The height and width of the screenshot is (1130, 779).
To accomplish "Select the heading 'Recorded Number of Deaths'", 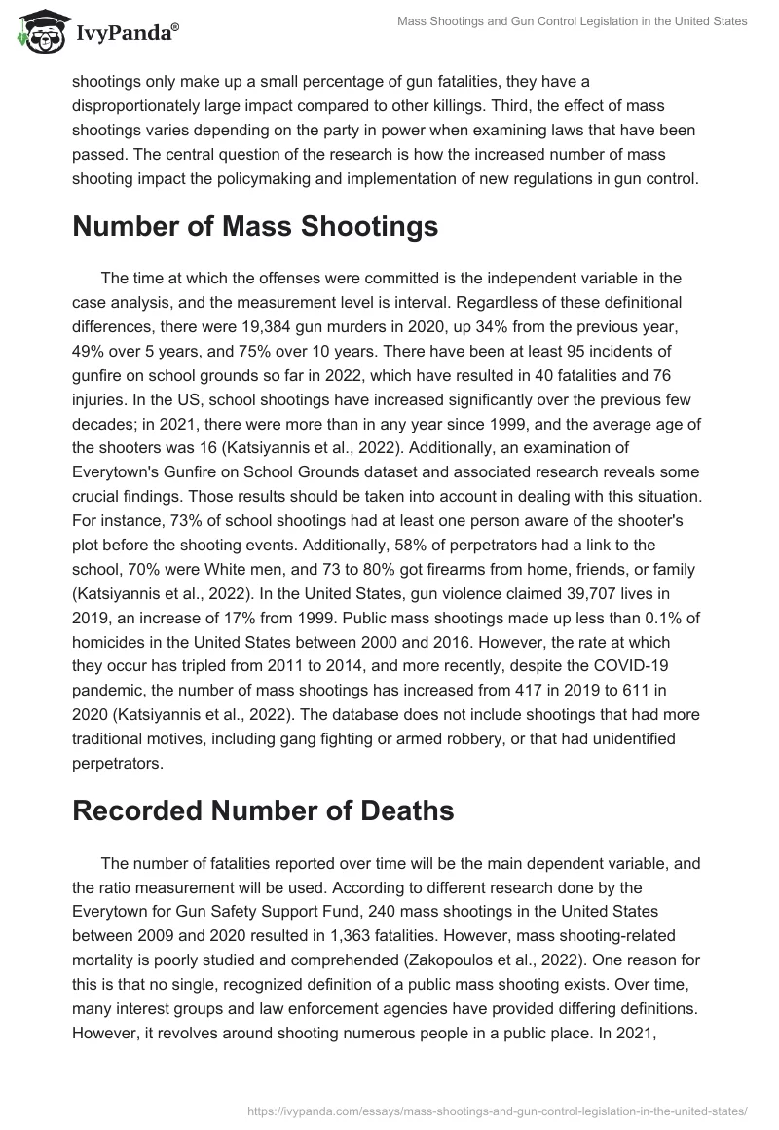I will coord(262,810).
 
